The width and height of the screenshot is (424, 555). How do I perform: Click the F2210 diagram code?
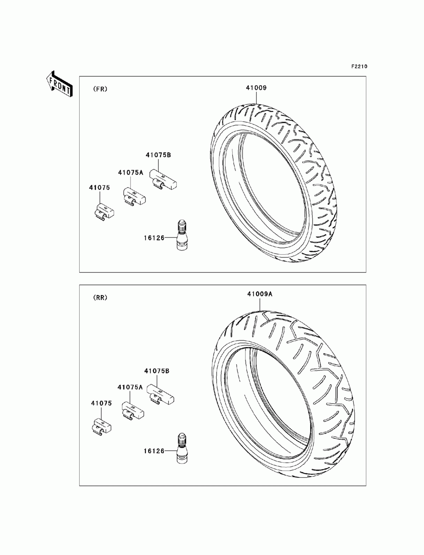click(x=359, y=67)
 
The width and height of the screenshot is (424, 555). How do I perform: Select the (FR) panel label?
click(x=100, y=89)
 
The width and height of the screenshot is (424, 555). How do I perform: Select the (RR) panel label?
click(x=100, y=298)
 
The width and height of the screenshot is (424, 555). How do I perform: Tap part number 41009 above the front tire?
click(x=256, y=88)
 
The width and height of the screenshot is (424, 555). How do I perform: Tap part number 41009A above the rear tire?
click(x=259, y=294)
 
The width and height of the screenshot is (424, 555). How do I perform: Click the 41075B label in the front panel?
click(x=158, y=155)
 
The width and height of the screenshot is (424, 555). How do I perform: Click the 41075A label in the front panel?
click(x=131, y=173)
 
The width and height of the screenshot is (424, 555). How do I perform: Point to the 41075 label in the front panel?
click(x=99, y=187)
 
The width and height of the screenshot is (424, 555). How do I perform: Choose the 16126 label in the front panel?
click(x=154, y=238)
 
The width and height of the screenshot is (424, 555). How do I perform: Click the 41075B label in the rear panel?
click(x=157, y=371)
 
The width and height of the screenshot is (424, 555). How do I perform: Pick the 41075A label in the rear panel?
click(x=130, y=387)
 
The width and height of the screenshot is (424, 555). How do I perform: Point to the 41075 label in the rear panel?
click(x=101, y=403)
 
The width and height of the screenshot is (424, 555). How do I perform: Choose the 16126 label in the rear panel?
click(x=154, y=451)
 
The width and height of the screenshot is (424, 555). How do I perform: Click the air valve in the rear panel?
click(x=182, y=449)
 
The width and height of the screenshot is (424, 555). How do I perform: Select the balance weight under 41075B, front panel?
click(x=163, y=179)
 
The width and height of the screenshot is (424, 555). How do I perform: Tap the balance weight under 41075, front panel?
click(x=103, y=212)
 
